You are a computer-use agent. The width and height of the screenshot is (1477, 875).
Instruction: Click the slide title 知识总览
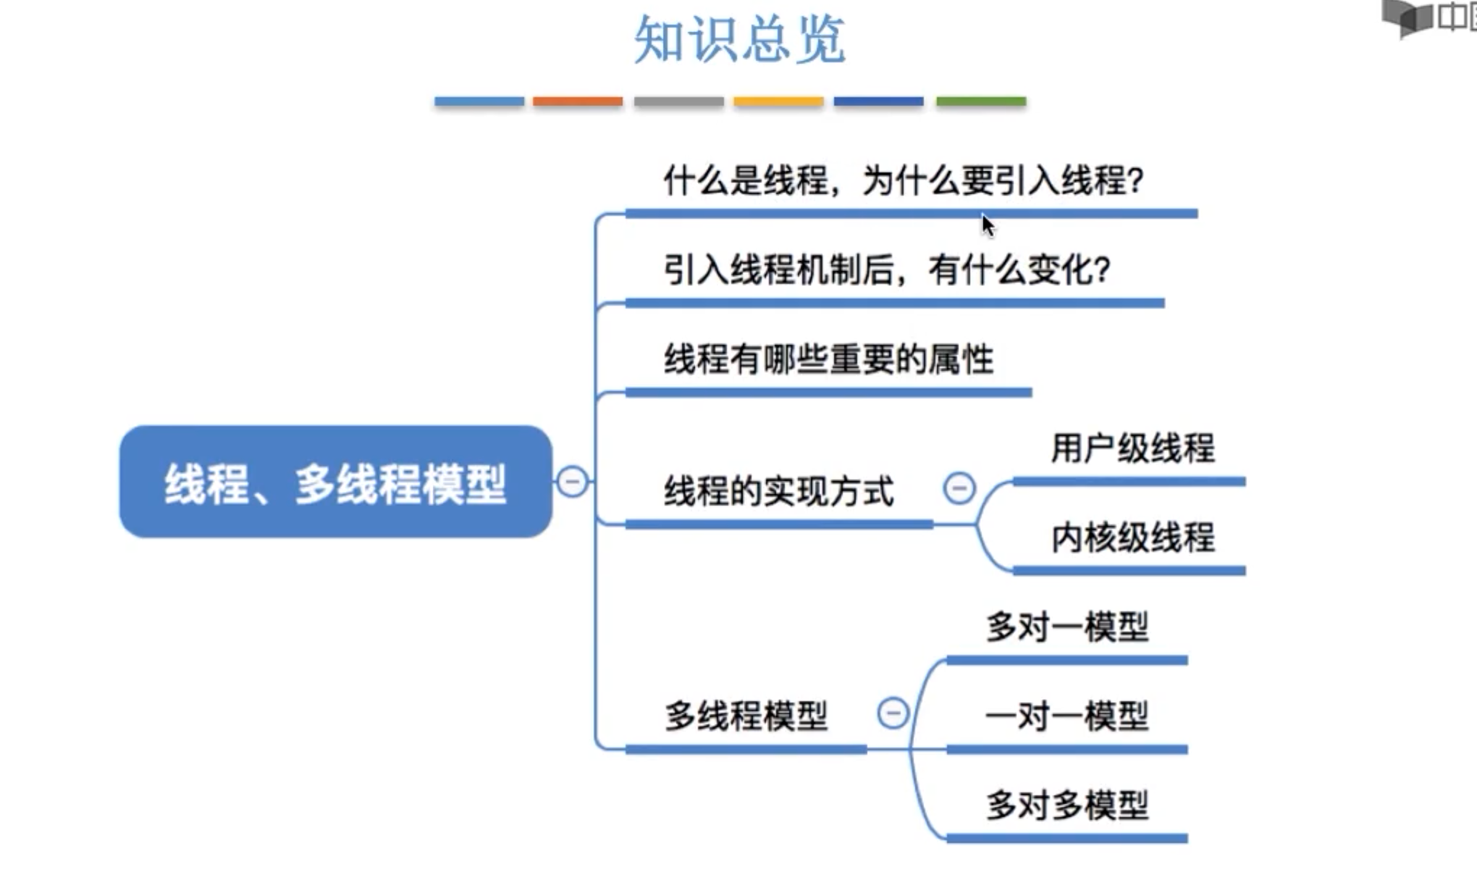click(x=739, y=40)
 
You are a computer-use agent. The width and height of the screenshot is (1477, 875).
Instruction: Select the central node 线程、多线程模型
click(x=335, y=482)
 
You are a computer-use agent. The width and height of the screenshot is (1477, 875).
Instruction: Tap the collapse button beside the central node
click(x=572, y=482)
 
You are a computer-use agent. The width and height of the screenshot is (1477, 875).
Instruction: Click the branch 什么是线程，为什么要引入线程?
click(x=903, y=180)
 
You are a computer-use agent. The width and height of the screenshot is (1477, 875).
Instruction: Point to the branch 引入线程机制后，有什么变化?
click(x=886, y=270)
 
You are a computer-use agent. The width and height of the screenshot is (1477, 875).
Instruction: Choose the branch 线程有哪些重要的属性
click(x=828, y=359)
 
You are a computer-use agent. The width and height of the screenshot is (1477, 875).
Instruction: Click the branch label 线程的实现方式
click(x=778, y=492)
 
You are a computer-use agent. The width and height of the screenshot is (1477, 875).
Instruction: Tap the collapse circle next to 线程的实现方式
click(x=959, y=488)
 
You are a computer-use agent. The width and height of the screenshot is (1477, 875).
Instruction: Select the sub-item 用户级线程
click(x=1132, y=448)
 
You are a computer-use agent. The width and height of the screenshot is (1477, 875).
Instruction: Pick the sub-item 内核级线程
click(x=1132, y=538)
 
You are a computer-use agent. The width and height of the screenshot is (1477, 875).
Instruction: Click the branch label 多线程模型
click(x=746, y=716)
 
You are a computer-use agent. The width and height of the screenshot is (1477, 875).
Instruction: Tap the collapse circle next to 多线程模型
click(x=893, y=713)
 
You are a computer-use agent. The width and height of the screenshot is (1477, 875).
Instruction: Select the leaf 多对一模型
click(x=1066, y=627)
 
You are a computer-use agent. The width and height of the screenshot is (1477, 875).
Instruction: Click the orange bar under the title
click(x=578, y=101)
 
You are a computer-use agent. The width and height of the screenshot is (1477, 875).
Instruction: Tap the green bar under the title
click(x=981, y=101)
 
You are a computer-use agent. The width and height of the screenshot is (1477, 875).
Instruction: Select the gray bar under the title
click(x=678, y=101)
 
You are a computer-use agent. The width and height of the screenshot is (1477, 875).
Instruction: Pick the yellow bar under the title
click(x=778, y=101)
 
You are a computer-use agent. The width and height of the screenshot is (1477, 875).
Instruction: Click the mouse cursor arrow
click(x=988, y=225)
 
